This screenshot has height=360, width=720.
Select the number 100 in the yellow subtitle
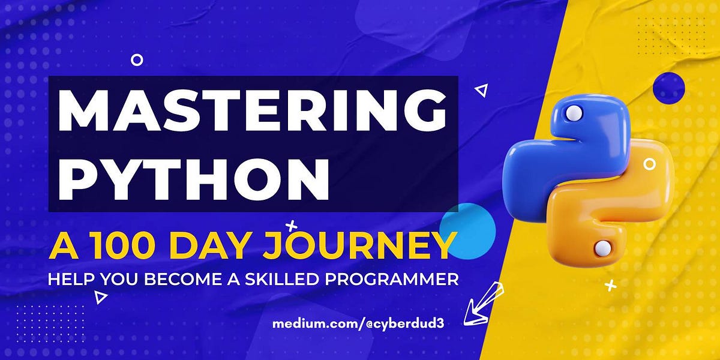118,246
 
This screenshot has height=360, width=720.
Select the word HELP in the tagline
69,279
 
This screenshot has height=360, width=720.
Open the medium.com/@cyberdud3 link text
359,323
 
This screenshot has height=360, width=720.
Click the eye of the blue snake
574,112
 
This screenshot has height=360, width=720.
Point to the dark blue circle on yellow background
668,88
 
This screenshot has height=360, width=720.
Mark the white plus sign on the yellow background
611,286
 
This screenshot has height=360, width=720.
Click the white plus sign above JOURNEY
292,226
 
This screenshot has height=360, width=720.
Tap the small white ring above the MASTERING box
137,59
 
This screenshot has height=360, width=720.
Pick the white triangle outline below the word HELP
101,296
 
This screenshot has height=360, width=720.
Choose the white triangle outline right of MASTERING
481,90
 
